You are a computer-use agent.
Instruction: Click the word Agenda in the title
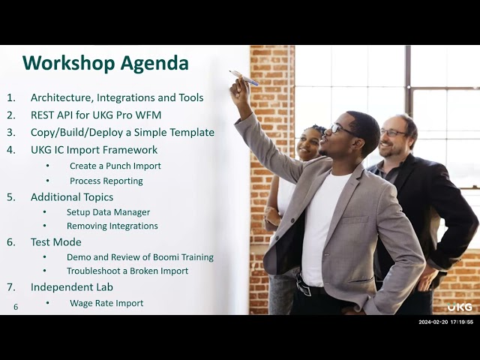pyautogui.click(x=155, y=62)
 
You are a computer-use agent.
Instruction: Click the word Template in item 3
pyautogui.click(x=189, y=132)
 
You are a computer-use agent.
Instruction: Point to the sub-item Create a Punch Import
pyautogui.click(x=115, y=166)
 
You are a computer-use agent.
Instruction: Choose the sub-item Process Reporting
pyautogui.click(x=106, y=181)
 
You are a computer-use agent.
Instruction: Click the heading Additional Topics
pyautogui.click(x=72, y=196)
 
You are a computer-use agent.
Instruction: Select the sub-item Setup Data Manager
pyautogui.click(x=108, y=212)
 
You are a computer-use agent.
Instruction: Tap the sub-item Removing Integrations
pyautogui.click(x=112, y=226)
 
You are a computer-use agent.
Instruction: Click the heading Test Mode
pyautogui.click(x=56, y=242)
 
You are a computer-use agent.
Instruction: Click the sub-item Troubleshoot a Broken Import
pyautogui.click(x=127, y=271)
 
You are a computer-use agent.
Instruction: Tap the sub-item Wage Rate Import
pyautogui.click(x=106, y=303)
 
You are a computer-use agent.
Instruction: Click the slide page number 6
pyautogui.click(x=16, y=307)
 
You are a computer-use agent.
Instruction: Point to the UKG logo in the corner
pyautogui.click(x=460, y=307)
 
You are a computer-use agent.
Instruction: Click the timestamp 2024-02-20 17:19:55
pyautogui.click(x=445, y=322)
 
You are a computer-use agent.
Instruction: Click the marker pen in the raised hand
pyautogui.click(x=243, y=77)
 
